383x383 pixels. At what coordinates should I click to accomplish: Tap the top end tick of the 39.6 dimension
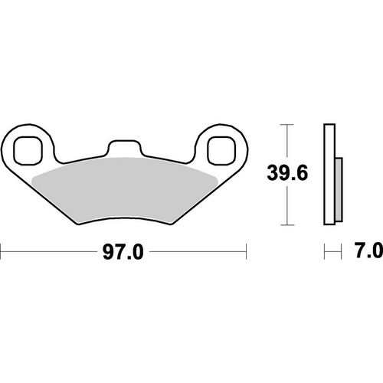pyautogui.click(x=286, y=123)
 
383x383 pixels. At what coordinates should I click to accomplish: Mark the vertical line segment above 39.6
pyautogui.click(x=286, y=142)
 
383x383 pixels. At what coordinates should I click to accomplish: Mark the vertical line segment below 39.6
pyautogui.click(x=286, y=207)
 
